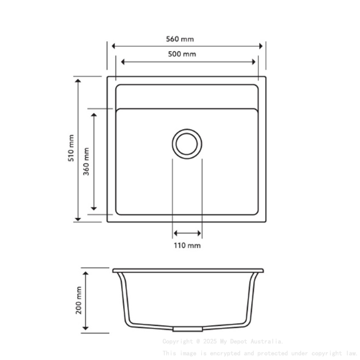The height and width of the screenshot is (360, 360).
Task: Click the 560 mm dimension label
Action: click(180, 39)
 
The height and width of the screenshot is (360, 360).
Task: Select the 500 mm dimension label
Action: click(182, 54)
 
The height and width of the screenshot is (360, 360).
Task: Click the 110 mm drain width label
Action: click(187, 246)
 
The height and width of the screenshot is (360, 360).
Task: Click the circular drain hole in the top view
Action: click(187, 144)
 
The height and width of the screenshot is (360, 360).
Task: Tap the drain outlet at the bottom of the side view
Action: click(187, 329)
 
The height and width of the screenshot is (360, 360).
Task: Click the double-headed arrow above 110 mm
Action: click(187, 233)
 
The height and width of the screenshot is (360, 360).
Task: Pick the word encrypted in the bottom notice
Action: click(220, 353)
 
